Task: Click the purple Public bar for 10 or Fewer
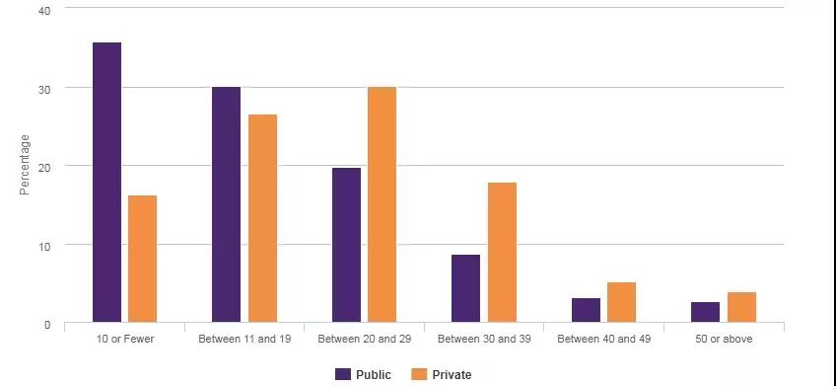click(x=106, y=182)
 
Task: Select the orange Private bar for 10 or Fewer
click(x=142, y=259)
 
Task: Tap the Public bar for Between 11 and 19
click(x=226, y=204)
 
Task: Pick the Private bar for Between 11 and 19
click(x=262, y=218)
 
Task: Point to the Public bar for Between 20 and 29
click(x=346, y=245)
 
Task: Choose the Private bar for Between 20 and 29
click(x=382, y=204)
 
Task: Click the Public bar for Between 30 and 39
click(x=465, y=288)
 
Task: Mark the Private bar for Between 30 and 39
click(x=502, y=253)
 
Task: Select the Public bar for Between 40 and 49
click(x=586, y=310)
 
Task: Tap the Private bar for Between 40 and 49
click(x=622, y=302)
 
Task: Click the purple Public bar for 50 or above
click(x=706, y=312)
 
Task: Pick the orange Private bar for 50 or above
click(x=741, y=307)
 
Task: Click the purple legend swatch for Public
click(x=343, y=374)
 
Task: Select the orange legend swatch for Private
click(x=419, y=374)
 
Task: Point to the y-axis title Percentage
click(x=25, y=165)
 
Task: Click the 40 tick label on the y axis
click(x=44, y=11)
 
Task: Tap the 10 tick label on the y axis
click(x=44, y=246)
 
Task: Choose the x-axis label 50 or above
click(x=724, y=339)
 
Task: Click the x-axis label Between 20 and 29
click(x=364, y=339)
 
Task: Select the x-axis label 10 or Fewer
click(x=125, y=339)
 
